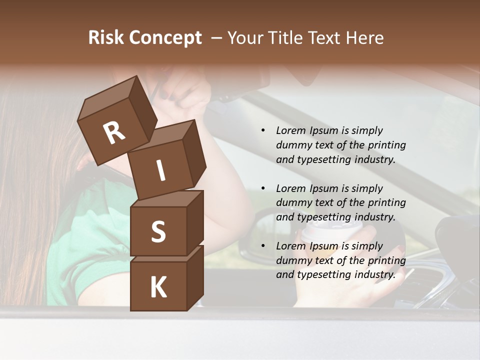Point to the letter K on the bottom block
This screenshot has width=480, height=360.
[158, 287]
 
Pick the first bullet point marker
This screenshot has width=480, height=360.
[263, 130]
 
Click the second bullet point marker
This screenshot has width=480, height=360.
[263, 188]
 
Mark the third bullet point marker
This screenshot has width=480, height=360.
[263, 246]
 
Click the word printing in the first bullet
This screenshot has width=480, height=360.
[386, 145]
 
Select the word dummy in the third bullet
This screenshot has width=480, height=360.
[293, 260]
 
